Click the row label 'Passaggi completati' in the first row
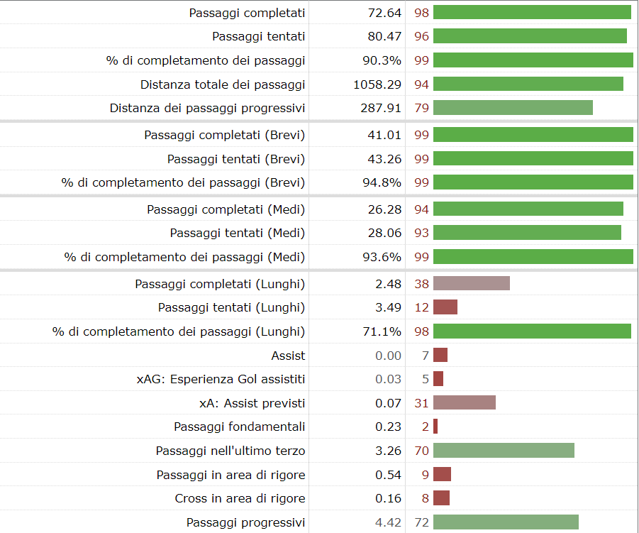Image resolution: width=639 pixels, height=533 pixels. pos(247,13)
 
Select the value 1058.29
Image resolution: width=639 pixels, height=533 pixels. pos(377,84)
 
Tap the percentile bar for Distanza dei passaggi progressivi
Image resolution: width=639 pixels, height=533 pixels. pos(513,108)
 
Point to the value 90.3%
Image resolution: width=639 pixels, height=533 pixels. pos(382,60)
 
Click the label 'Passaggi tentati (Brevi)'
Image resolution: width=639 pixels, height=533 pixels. pos(236,159)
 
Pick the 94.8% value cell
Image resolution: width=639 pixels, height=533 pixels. pos(382,182)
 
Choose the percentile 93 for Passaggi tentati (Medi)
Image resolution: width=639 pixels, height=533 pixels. pos(422,233)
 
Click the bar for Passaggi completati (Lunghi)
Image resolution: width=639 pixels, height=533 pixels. pos(472,284)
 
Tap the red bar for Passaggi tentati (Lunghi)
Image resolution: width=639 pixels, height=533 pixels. pos(445,307)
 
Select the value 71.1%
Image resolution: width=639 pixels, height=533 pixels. pos(382,331)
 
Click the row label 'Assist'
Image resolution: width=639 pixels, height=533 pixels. pos(288,356)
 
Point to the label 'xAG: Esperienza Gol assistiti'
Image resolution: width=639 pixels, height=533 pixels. pos(221,380)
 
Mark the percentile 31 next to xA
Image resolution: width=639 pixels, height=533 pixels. pos(422,403)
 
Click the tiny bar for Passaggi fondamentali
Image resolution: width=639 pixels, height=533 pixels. pos(435,427)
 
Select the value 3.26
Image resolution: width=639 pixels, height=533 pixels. pos(388,451)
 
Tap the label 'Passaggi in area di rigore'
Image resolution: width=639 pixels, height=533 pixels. pos(230,475)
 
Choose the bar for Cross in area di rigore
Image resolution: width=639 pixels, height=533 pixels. pos(441,498)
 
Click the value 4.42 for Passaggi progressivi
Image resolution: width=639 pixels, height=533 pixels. pos(388,522)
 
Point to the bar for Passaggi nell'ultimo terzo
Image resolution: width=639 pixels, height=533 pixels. pos(504,451)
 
